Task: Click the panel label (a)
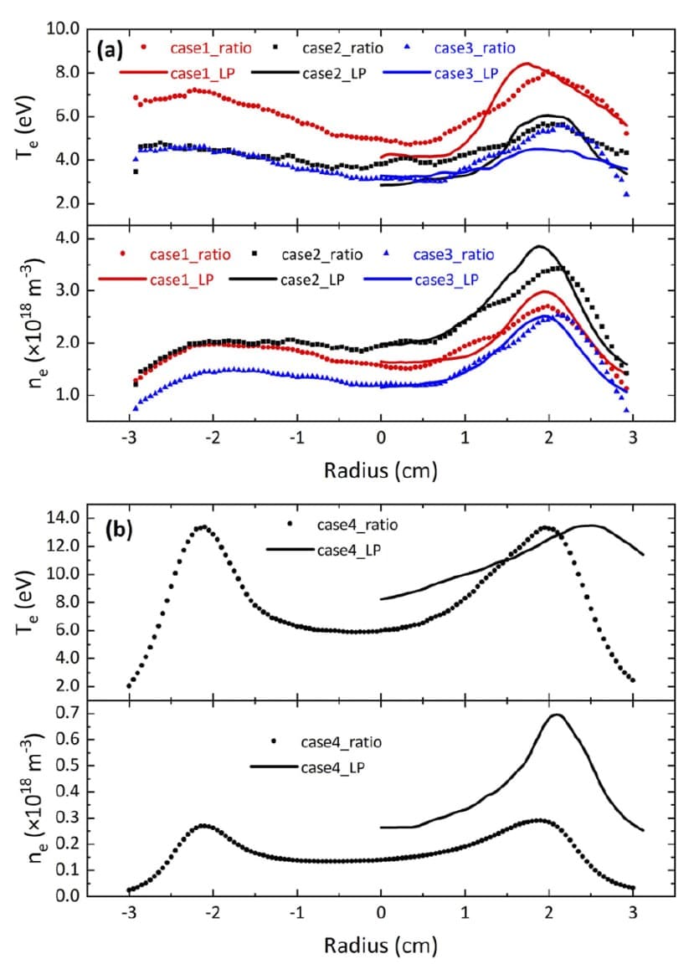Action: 111,50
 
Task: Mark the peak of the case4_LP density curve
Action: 555,715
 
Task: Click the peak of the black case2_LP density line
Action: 538,246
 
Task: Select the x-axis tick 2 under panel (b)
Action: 548,915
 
